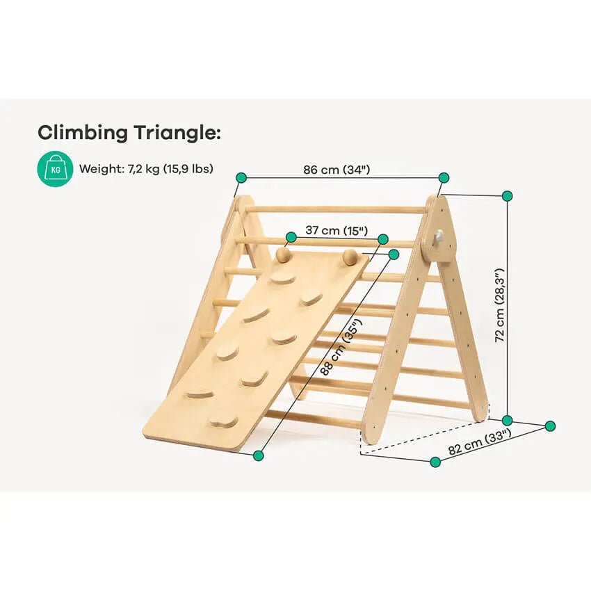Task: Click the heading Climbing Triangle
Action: (x=129, y=133)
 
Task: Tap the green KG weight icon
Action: (x=55, y=169)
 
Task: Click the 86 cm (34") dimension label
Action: (x=337, y=170)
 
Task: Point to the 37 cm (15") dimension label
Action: (x=337, y=230)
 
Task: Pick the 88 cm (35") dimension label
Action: (x=341, y=347)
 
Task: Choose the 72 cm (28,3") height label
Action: (x=499, y=305)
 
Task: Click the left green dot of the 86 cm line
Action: (x=241, y=177)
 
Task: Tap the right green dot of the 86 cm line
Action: (x=444, y=177)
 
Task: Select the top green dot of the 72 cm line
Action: (x=508, y=196)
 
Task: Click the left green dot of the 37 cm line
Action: (x=291, y=238)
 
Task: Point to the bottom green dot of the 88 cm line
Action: (x=258, y=455)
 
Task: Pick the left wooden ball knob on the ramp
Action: (x=283, y=254)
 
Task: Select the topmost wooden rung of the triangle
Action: (x=335, y=209)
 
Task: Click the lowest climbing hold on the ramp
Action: (x=224, y=421)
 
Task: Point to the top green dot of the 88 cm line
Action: (x=394, y=254)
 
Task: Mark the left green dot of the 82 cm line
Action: (x=435, y=462)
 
